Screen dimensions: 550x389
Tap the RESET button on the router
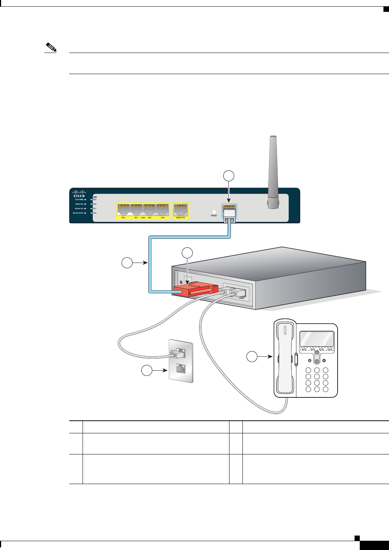[x=214, y=212]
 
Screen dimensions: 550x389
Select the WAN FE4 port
[x=181, y=210]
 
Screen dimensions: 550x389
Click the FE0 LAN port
[x=124, y=210]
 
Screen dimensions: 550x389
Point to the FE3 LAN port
[x=162, y=210]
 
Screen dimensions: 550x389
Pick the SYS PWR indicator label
[x=80, y=200]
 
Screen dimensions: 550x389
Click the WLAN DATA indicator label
[x=78, y=213]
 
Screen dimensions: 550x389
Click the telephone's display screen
[x=316, y=339]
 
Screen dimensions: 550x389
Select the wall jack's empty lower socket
[x=181, y=369]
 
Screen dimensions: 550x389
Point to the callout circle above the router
[x=229, y=176]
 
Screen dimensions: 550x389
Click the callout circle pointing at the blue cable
[x=127, y=263]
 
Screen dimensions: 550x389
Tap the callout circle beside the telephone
[x=252, y=357]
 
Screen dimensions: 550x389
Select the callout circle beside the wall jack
[x=147, y=370]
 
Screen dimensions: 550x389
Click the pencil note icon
[x=50, y=48]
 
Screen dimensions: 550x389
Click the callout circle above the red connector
[x=188, y=253]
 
